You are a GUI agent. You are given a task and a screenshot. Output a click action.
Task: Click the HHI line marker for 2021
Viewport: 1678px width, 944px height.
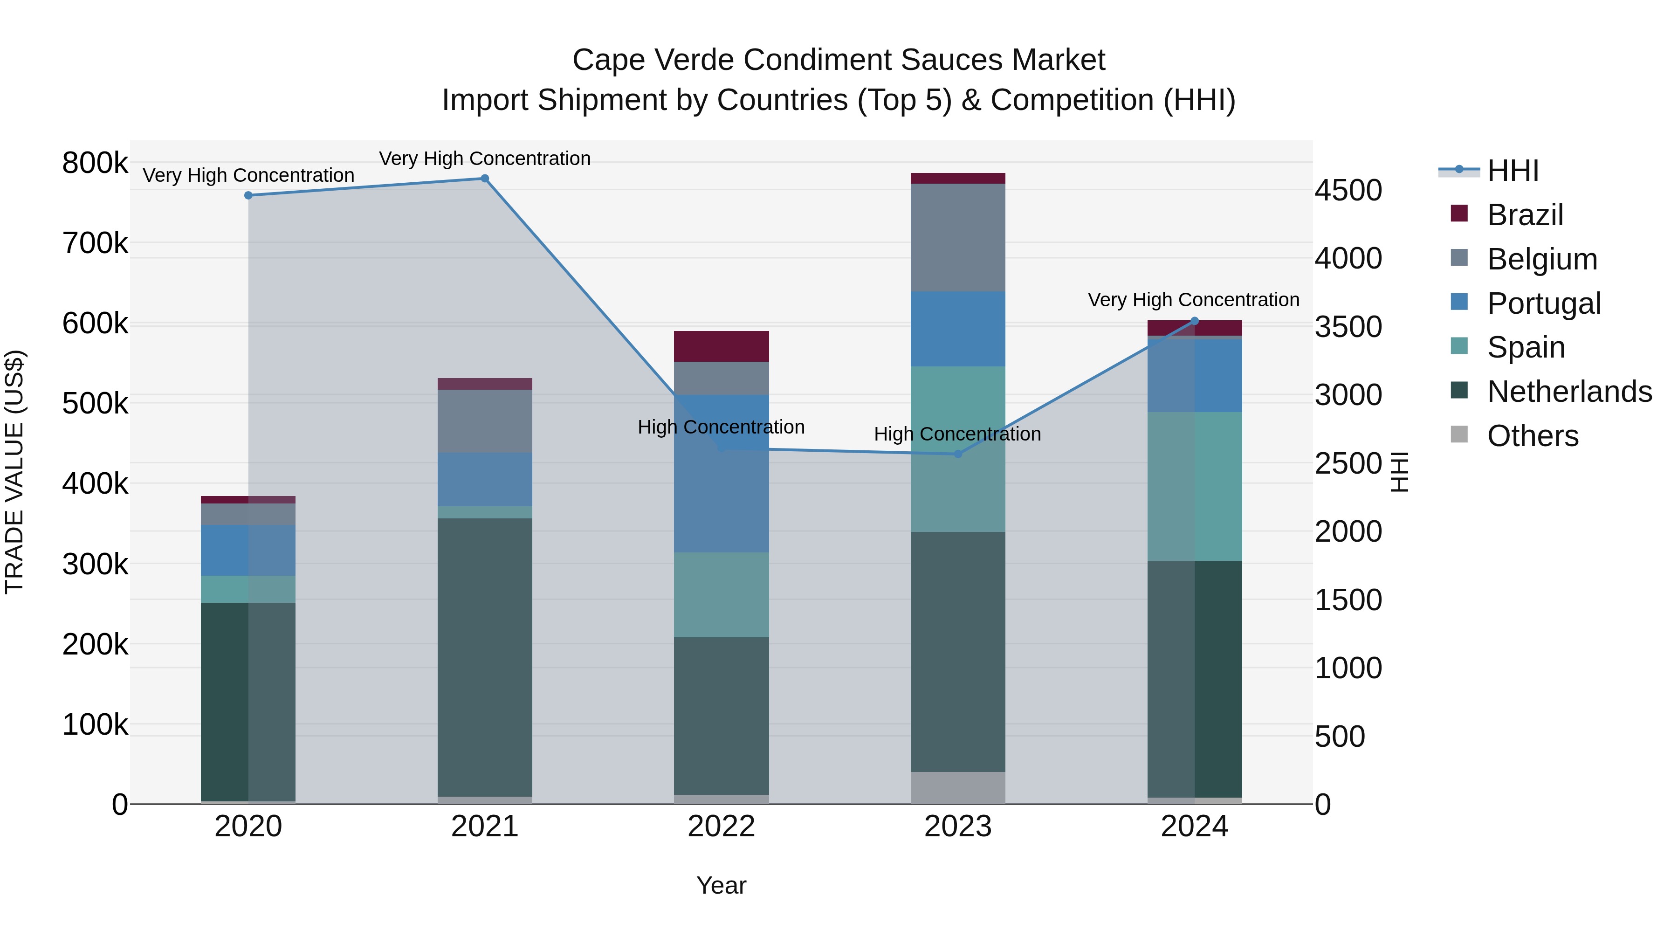tap(485, 179)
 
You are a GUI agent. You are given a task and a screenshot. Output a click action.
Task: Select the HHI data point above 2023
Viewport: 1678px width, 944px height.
tap(957, 454)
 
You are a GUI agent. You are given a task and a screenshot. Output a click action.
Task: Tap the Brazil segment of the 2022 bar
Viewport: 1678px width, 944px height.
tap(721, 346)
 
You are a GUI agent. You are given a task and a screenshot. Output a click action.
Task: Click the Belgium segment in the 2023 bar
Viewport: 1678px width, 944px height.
tap(957, 237)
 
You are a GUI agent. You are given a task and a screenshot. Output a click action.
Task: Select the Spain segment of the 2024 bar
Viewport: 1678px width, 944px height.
tap(1194, 486)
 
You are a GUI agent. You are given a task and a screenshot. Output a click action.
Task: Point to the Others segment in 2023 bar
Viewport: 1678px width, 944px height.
tap(957, 788)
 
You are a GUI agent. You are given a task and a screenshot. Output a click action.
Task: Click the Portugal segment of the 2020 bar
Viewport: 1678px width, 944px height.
tap(248, 550)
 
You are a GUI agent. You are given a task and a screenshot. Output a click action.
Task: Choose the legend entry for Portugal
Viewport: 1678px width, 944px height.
tap(1543, 303)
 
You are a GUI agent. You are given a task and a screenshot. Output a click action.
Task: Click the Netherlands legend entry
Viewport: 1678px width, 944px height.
tap(1569, 392)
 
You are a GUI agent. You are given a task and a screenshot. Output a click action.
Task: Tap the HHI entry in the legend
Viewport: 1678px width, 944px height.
tap(1513, 171)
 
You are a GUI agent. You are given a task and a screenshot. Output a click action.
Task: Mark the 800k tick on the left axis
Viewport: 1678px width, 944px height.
tap(95, 163)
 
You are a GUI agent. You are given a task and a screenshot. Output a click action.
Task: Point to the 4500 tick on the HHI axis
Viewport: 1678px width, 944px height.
tap(1348, 190)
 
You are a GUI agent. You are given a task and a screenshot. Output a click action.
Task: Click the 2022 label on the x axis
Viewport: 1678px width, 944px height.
tap(721, 827)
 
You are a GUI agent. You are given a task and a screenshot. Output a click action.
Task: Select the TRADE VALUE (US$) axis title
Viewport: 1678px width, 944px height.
tap(14, 472)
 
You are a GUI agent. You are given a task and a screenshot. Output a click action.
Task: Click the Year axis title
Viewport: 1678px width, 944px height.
tap(721, 885)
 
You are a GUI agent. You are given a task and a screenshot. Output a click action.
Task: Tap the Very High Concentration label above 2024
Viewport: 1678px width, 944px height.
tap(1193, 300)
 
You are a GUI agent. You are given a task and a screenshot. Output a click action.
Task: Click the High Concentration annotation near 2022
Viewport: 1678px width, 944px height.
tap(721, 427)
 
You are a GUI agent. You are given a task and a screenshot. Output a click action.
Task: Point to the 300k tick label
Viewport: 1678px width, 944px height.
tap(95, 564)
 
